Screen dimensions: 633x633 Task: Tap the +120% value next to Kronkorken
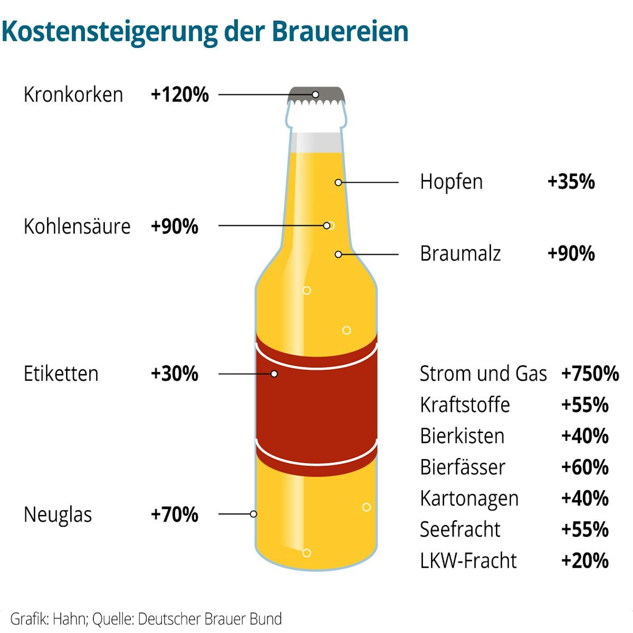(179, 95)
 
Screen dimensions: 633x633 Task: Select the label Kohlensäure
(77, 226)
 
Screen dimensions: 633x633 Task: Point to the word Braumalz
(460, 254)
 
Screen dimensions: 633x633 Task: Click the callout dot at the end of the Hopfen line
(338, 183)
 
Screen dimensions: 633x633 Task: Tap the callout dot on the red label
(274, 374)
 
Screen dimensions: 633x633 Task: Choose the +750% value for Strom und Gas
(590, 373)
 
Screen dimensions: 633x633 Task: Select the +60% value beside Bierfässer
(585, 467)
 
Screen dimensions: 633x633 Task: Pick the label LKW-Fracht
(468, 561)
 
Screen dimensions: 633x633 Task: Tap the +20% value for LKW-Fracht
(585, 561)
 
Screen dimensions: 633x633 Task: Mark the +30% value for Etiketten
(175, 373)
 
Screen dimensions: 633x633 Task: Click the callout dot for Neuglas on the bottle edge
(253, 514)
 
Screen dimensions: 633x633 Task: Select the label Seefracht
(460, 530)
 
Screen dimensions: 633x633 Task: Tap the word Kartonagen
(469, 499)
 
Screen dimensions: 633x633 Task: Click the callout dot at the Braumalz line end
(338, 254)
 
